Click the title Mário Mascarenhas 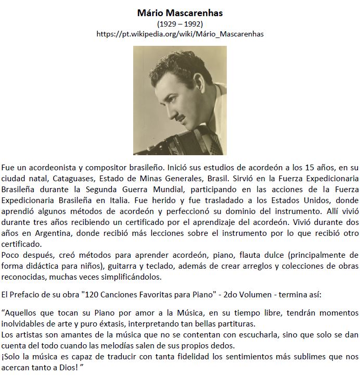[x=179, y=12]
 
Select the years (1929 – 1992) [x=179, y=24]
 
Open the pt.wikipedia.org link [x=180, y=34]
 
